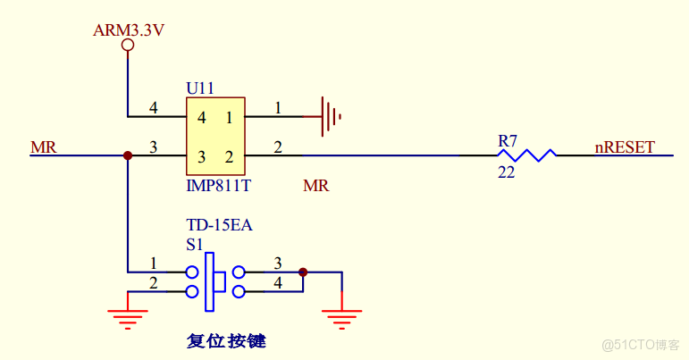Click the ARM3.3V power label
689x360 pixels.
coord(129,30)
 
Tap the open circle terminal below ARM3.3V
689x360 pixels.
coord(128,45)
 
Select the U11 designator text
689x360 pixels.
coord(199,88)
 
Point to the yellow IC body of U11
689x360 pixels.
coord(215,137)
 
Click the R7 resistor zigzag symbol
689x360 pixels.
coord(525,155)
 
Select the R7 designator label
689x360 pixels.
coord(508,140)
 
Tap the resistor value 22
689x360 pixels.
coord(506,172)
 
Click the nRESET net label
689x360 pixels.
coord(625,147)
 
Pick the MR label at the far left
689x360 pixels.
coord(43,147)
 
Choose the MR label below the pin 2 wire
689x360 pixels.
coord(315,186)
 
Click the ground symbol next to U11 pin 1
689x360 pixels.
coord(332,116)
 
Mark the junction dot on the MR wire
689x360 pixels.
coord(128,155)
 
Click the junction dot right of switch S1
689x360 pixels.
coord(303,272)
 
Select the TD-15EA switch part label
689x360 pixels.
coord(219,225)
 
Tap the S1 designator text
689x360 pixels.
coord(194,243)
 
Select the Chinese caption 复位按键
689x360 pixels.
coord(226,340)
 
